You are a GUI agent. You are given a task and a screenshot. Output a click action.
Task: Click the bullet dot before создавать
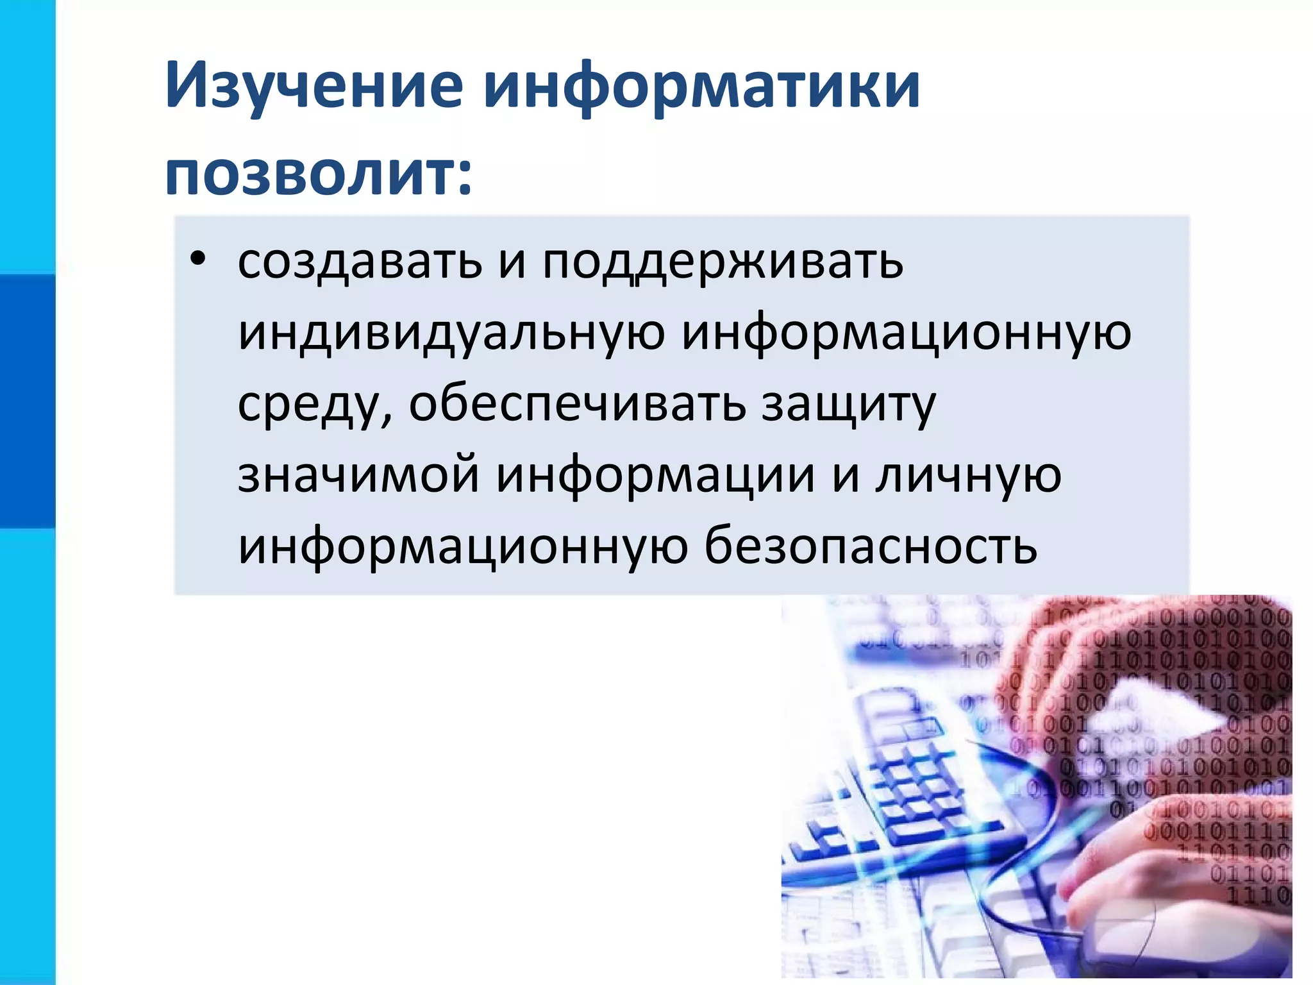coord(198,259)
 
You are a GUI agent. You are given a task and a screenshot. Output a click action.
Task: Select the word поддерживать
coord(723,263)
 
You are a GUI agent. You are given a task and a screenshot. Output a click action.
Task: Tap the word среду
coord(311,405)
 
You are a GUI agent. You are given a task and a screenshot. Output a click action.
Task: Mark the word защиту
coord(848,405)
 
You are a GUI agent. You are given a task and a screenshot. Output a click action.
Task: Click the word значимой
coord(358,475)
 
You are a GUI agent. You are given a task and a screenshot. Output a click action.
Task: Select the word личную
coord(968,476)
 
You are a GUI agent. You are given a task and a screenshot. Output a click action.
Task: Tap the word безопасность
coord(870,546)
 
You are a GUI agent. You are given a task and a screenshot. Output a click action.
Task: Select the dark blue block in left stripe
coord(28,401)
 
